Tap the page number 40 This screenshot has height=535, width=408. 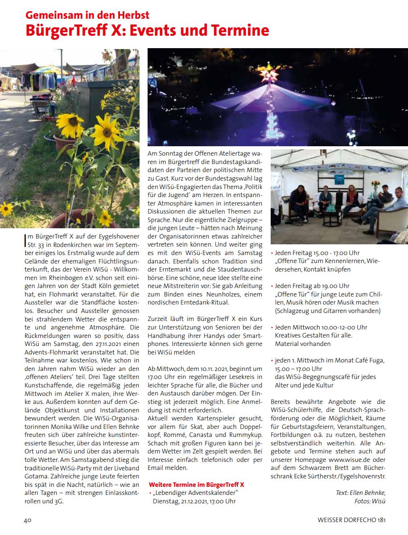[27, 519]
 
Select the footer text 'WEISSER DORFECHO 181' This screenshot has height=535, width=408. [351, 519]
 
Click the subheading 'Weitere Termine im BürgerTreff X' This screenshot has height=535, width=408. [196, 484]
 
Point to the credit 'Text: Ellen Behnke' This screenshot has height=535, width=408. [360, 492]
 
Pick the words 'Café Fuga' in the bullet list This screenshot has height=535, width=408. [369, 361]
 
